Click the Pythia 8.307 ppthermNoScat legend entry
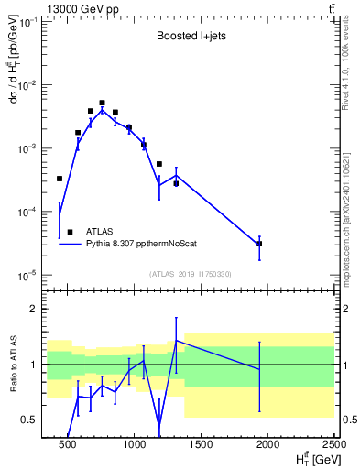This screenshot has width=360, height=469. [x=141, y=245]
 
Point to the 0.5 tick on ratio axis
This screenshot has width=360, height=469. [x=33, y=420]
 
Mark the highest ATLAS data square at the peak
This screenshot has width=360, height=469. [x=103, y=104]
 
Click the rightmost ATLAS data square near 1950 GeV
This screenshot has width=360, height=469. [x=259, y=244]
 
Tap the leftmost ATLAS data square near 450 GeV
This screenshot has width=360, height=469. [x=60, y=179]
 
